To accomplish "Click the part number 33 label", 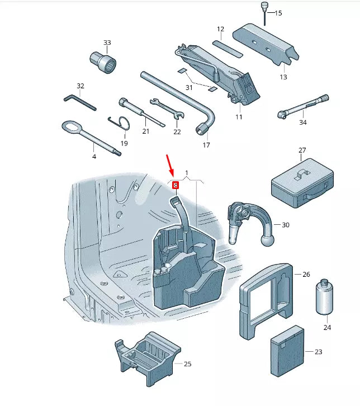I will (107, 43).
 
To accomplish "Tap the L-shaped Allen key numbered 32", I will (79, 102).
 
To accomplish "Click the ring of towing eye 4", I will (70, 128).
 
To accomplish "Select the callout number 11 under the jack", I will (239, 117).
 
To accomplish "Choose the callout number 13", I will (283, 77).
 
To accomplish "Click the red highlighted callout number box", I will (176, 185).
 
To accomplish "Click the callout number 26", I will (306, 275).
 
